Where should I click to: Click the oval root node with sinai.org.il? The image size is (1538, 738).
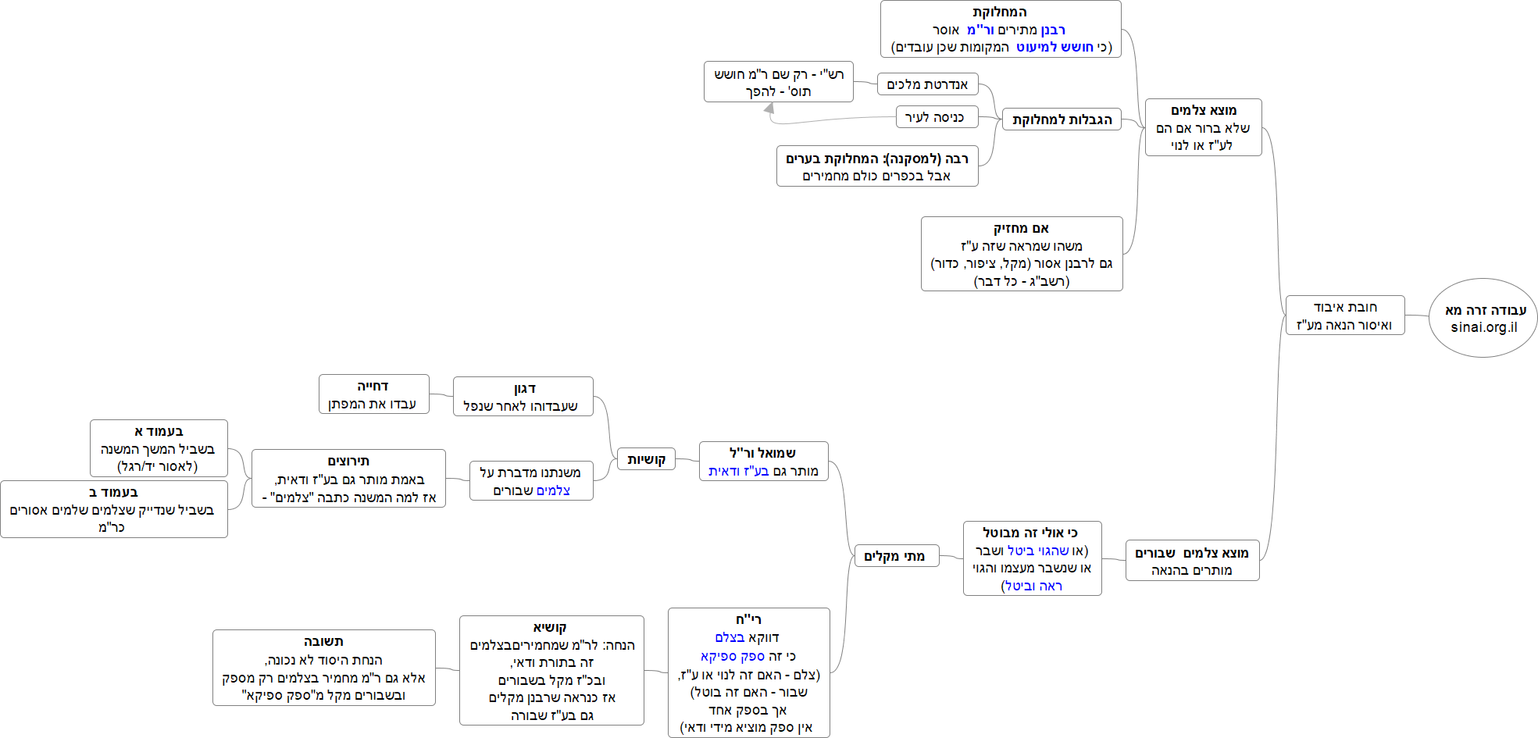click(x=1483, y=318)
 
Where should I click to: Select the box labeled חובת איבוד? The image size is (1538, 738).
click(x=1344, y=316)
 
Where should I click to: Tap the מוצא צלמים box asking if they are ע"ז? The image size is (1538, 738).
click(x=1203, y=127)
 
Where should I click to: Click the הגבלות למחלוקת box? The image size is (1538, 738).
click(x=1062, y=119)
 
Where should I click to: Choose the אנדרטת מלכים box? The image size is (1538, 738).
click(x=927, y=84)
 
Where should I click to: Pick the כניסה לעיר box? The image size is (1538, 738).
click(x=935, y=117)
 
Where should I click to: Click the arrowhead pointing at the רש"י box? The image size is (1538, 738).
click(x=769, y=109)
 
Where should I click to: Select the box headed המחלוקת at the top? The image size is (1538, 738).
click(x=1001, y=30)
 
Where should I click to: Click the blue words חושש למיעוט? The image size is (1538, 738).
click(x=1054, y=47)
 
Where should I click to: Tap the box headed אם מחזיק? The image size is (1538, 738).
click(x=1022, y=254)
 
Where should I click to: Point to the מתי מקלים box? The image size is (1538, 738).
click(x=895, y=556)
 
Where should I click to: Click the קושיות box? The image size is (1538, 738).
click(x=646, y=459)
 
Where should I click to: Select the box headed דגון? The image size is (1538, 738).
click(x=523, y=397)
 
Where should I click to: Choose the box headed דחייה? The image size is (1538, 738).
click(x=373, y=394)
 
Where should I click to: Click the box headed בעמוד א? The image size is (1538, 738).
click(x=159, y=448)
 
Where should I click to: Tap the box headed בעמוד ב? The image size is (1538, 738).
click(x=114, y=509)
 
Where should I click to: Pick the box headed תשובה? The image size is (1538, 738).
click(x=323, y=668)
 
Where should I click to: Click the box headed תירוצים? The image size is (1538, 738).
click(x=348, y=479)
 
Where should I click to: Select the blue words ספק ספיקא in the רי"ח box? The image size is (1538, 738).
click(x=733, y=656)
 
